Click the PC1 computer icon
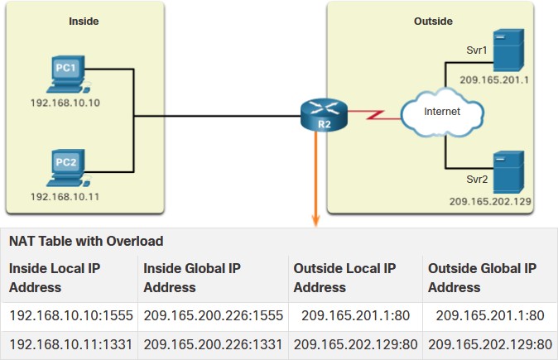(x=68, y=74)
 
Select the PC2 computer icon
(x=68, y=168)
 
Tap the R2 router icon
(x=324, y=115)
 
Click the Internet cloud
(x=442, y=113)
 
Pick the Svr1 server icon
(x=508, y=50)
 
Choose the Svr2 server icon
(x=508, y=172)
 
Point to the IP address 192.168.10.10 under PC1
(x=65, y=103)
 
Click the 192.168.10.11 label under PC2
(x=65, y=197)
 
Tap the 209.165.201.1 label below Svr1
(x=494, y=79)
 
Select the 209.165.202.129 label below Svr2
(x=490, y=201)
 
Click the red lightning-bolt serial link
(x=373, y=115)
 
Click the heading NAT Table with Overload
(x=86, y=241)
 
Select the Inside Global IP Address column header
(x=192, y=278)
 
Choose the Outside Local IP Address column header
(x=344, y=278)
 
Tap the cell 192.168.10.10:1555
(x=71, y=315)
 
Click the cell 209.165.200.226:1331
(x=213, y=344)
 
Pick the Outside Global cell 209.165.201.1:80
(x=490, y=315)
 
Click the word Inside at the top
(x=84, y=22)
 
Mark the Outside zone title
(x=433, y=22)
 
